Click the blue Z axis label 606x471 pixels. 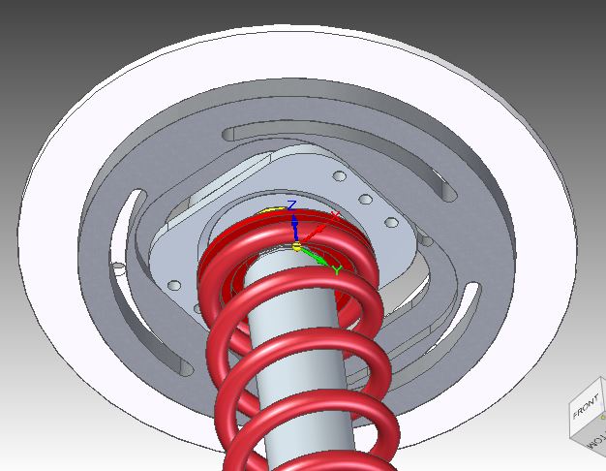pos(292,204)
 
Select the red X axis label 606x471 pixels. pos(335,215)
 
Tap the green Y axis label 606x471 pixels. pos(337,270)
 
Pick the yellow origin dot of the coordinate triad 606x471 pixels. pos(297,245)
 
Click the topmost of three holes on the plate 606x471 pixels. pos(339,177)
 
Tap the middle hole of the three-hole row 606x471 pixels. pos(366,200)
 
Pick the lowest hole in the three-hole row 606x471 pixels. pos(392,222)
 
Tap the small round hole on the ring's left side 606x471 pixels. pos(116,264)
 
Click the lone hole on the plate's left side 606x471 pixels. pos(174,285)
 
